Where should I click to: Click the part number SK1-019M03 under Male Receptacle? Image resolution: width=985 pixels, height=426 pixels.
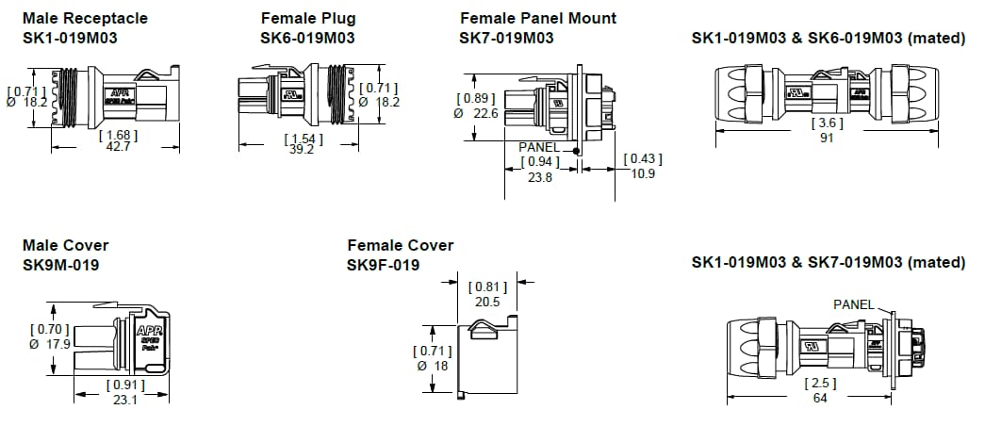point(70,38)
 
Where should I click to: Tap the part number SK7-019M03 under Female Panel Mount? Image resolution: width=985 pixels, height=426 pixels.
point(506,38)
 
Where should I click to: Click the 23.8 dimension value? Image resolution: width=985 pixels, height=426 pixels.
point(540,176)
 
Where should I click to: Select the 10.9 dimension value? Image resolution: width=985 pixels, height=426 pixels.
point(644,174)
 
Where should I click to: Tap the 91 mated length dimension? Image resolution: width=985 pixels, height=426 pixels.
point(828,138)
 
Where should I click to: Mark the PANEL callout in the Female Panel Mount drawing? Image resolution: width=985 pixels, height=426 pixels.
point(539,148)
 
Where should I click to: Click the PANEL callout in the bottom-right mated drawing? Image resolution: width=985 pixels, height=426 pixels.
point(854,303)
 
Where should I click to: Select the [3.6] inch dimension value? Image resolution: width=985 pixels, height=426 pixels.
point(828,123)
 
